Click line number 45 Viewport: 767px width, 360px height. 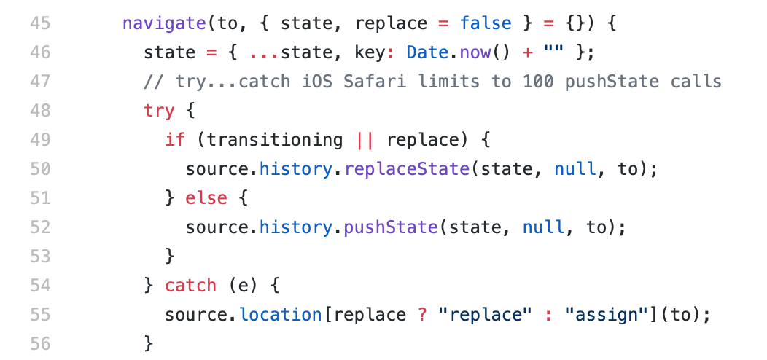click(x=40, y=23)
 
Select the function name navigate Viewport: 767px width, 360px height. click(x=165, y=23)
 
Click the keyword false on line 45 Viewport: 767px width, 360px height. click(x=486, y=23)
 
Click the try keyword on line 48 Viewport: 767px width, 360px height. click(x=160, y=111)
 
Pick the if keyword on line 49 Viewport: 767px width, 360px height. click(x=175, y=140)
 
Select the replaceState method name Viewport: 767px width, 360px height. click(x=407, y=169)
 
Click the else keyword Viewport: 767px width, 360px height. click(x=207, y=198)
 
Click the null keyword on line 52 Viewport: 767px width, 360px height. click(x=544, y=227)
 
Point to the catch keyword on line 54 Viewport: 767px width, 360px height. click(x=191, y=286)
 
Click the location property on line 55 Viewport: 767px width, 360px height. click(x=281, y=315)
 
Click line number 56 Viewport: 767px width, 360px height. click(x=40, y=343)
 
